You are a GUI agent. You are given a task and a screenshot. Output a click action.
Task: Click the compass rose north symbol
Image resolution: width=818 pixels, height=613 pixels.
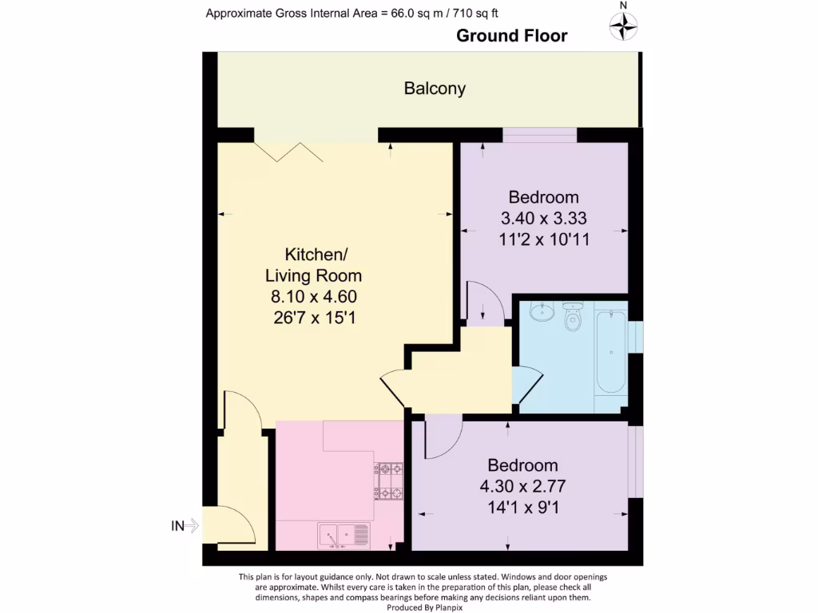624,27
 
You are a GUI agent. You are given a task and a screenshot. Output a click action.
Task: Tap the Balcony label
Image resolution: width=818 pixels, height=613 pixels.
435,89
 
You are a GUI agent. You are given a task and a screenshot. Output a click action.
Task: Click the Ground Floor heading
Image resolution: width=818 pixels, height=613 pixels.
511,36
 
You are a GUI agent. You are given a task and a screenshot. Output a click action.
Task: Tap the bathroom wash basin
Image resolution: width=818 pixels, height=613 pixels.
542,310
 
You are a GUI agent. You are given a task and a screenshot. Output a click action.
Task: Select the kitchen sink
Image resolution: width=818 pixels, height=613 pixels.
343,534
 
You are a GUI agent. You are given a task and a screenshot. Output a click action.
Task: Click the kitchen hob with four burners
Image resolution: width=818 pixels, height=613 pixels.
389,481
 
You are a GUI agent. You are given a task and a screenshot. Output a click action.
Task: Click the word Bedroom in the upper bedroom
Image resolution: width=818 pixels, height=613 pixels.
544,197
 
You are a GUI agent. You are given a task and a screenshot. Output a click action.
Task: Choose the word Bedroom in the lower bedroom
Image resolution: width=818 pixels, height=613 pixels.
523,465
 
